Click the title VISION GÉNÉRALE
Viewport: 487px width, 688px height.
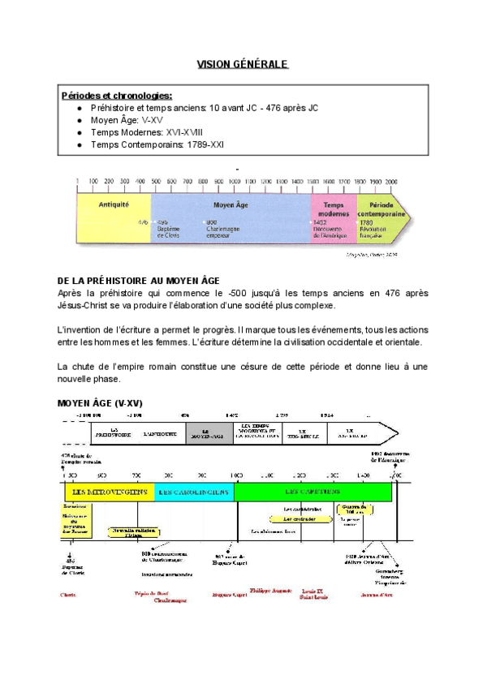[243, 64]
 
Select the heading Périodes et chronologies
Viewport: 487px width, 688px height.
[116, 96]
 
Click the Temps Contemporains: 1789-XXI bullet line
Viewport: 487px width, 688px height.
[157, 144]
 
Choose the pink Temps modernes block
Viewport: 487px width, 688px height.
[334, 214]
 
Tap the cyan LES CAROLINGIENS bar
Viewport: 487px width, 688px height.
[192, 492]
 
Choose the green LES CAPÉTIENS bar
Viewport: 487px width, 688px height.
[312, 492]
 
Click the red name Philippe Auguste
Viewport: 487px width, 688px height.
[270, 591]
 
